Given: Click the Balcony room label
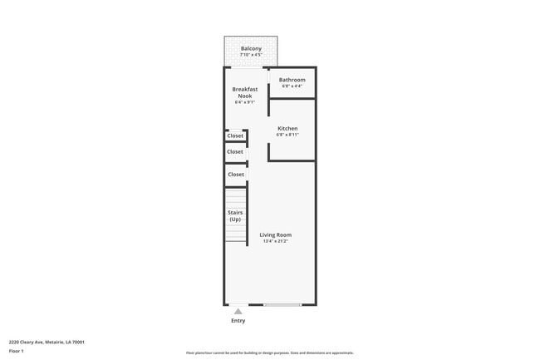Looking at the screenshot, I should coord(251,49).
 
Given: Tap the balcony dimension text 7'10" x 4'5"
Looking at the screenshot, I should coord(251,55).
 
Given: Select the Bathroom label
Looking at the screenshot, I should coord(292,80).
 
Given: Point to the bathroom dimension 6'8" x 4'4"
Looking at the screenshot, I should coord(292,86).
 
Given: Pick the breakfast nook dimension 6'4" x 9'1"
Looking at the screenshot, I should coord(244,102).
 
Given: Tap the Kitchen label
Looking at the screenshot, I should coord(287,128).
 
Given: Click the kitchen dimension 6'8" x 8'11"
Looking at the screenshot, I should coord(287,134).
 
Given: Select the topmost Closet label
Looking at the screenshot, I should coord(235,136).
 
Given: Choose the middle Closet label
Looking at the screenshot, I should coord(235,152).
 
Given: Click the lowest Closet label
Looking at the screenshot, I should coord(236,175).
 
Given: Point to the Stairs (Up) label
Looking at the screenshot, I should coord(235,215).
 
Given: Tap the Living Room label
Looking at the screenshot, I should coord(277,234).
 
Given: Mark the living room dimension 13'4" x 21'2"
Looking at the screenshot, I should coord(277,241).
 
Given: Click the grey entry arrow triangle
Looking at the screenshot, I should coord(238,311).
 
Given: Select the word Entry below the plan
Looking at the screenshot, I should coord(238,320).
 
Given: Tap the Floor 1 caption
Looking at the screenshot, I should coord(17,351).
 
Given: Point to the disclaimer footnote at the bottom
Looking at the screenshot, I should coord(269,353).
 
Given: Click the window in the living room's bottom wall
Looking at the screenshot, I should coord(282,305).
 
